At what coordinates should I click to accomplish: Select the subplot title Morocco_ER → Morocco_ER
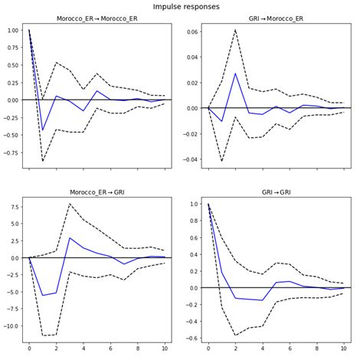point(97,18)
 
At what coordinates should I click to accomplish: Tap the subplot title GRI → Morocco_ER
point(276,18)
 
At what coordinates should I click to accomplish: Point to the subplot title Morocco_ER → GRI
point(97,192)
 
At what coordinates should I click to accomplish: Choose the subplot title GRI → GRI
point(276,192)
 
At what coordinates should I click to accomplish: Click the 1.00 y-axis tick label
point(13,31)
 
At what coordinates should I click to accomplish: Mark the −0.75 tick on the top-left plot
point(11,152)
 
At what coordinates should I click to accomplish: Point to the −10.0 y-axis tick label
point(11,326)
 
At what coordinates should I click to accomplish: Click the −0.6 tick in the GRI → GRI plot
point(193,339)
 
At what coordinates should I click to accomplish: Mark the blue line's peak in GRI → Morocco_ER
point(236,73)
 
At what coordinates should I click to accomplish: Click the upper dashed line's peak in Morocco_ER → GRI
point(70,203)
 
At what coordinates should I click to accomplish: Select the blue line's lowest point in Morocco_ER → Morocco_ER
point(43,130)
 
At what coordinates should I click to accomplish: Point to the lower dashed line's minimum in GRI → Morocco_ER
point(222,161)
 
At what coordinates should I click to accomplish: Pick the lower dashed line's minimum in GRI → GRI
point(236,335)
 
